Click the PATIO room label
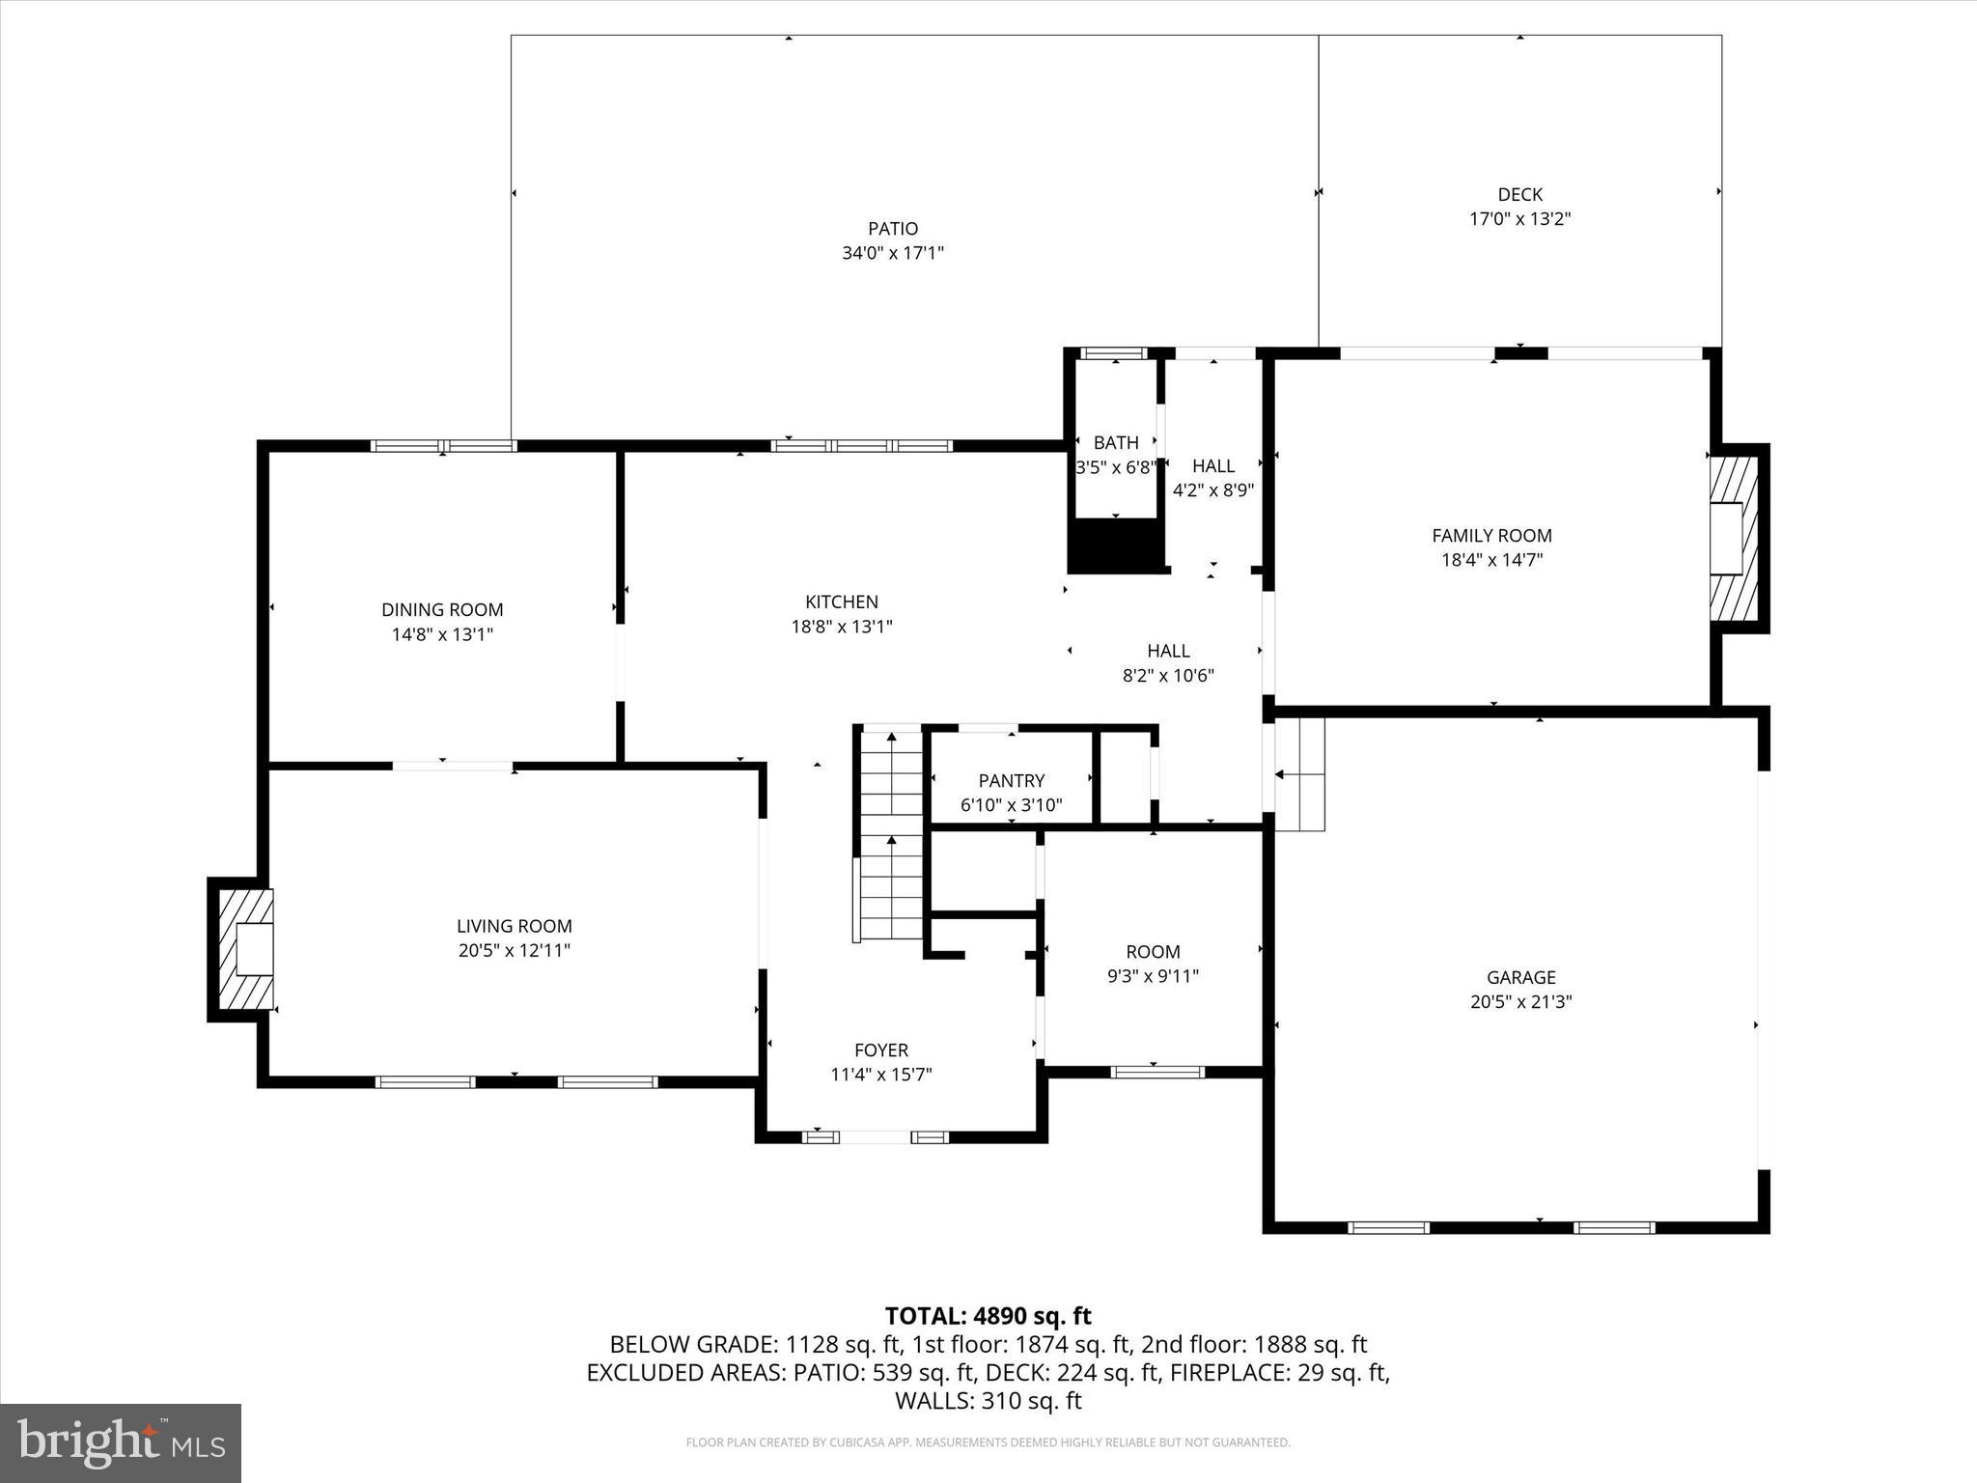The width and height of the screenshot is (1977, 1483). coord(892,229)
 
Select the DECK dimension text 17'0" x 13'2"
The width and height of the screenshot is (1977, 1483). coord(1519,219)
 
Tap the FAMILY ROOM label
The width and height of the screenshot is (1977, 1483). coord(1491,536)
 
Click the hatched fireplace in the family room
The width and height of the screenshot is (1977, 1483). coord(1735,540)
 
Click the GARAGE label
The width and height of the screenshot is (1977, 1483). coord(1520,977)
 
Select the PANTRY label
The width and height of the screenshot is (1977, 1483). coord(1011,780)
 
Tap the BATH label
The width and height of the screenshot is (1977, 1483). coord(1115,443)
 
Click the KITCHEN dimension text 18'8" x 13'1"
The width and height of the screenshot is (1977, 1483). coord(842,627)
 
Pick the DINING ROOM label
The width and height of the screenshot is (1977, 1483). coord(442,610)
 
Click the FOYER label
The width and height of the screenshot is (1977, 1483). coord(880,1050)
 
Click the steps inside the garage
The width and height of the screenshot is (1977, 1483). coord(1300,774)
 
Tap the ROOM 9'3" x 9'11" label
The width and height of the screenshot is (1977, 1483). coord(1153,952)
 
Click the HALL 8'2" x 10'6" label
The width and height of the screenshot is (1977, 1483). coord(1168,652)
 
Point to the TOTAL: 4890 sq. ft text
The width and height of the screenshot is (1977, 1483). coord(988,1316)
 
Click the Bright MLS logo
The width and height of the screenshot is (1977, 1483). coord(121,1443)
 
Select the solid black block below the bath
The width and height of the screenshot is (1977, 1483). coord(1116,546)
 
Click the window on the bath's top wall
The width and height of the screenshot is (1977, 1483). coord(1113,353)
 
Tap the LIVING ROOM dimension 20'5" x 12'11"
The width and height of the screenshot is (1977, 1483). coord(514,951)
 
